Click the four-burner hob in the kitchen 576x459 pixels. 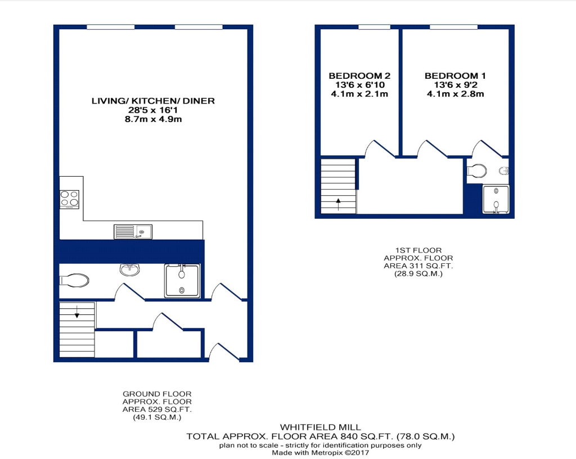tap(69, 199)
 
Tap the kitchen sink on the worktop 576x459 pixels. tap(133, 232)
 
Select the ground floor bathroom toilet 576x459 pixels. tap(74, 281)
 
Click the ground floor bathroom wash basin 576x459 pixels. tap(130, 269)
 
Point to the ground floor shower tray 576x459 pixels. tap(182, 281)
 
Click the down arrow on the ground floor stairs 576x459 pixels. tap(76, 312)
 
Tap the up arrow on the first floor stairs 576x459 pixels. tap(338, 204)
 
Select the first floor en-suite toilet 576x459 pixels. tap(477, 171)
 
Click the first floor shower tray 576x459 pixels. tap(496, 199)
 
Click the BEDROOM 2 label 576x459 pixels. tap(359, 76)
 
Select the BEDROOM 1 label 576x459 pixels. tap(455, 76)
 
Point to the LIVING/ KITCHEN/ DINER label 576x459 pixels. tap(153, 101)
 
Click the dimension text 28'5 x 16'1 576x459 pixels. tap(153, 110)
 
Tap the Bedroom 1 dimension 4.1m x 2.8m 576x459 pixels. tap(455, 94)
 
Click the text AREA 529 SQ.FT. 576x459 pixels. tap(157, 409)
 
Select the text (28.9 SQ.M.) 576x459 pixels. tap(418, 273)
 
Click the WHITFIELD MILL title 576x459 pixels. tap(320, 427)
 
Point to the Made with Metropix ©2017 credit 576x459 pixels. tap(320, 453)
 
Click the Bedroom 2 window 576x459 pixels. tap(374, 27)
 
